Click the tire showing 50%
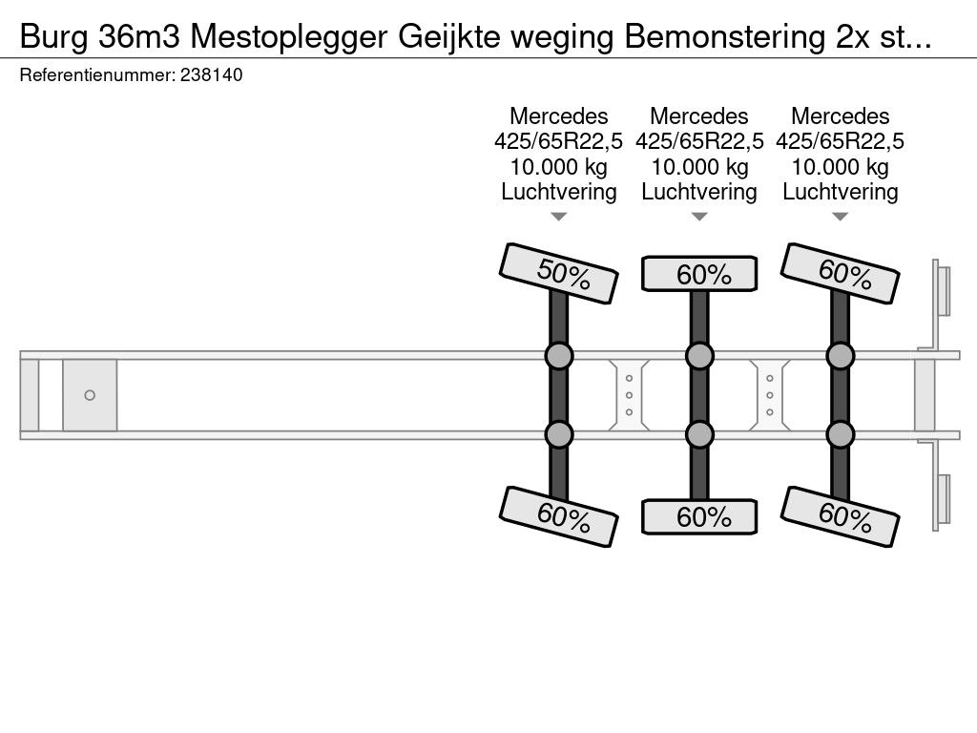pyautogui.click(x=558, y=274)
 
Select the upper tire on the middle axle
pyautogui.click(x=699, y=274)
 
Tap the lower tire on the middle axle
pyautogui.click(x=699, y=517)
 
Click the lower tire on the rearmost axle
pyautogui.click(x=841, y=516)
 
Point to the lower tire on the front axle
pyautogui.click(x=558, y=516)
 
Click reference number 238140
pyautogui.click(x=211, y=76)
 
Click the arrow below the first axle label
pyautogui.click(x=559, y=217)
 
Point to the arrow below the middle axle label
pyautogui.click(x=699, y=217)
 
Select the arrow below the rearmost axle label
pyautogui.click(x=841, y=217)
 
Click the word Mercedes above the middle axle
pyautogui.click(x=699, y=116)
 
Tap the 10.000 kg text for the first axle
pyautogui.click(x=559, y=167)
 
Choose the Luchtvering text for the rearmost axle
pyautogui.click(x=841, y=192)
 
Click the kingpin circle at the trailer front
pyautogui.click(x=90, y=395)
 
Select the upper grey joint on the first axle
pyautogui.click(x=558, y=356)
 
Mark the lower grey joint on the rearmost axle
pyautogui.click(x=841, y=435)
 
